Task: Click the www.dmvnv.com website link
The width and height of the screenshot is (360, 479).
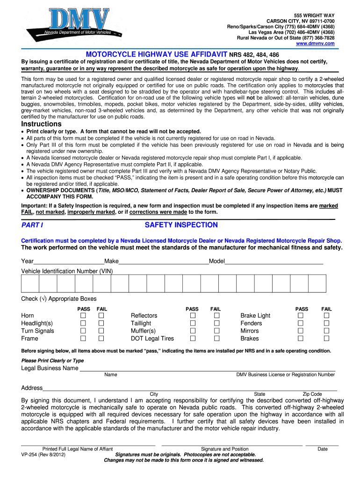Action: (316, 44)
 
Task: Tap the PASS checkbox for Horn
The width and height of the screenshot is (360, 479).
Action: (83, 316)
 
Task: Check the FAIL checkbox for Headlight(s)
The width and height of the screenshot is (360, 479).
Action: (101, 323)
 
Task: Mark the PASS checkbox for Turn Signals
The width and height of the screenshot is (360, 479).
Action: (83, 331)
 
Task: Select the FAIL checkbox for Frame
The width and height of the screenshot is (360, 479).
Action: (101, 338)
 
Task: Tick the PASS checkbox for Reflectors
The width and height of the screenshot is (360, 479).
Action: (192, 316)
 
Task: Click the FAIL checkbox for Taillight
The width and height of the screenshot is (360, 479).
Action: (216, 323)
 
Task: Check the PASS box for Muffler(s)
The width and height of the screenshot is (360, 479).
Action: (192, 331)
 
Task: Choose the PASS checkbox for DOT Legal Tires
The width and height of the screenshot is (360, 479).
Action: (192, 338)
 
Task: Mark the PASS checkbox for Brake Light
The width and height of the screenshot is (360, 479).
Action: (301, 316)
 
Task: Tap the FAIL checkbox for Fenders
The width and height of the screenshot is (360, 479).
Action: (327, 323)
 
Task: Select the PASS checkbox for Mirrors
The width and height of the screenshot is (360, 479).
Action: (301, 331)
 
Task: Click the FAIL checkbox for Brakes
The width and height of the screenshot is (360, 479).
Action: (327, 338)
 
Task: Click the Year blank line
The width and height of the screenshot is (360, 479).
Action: (69, 261)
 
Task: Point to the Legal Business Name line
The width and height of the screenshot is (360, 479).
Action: (206, 368)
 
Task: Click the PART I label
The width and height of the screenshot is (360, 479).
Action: (32, 225)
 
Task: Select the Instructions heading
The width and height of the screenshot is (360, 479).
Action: (41, 124)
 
